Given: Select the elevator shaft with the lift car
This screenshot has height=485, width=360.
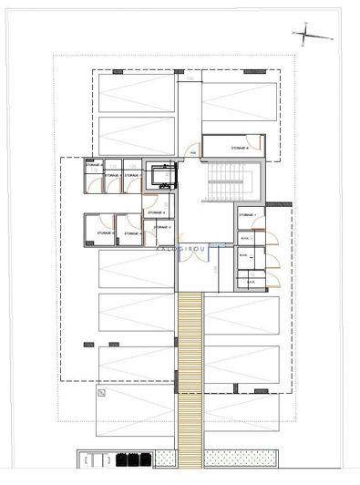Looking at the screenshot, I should tap(162, 174).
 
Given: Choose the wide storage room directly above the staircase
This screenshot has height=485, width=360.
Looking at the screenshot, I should tap(232, 147).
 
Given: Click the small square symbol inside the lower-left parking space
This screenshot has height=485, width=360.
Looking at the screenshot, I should tap(102, 394).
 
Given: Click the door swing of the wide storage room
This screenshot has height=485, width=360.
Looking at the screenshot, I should tap(260, 143).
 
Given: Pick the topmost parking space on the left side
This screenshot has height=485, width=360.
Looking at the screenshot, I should tap(136, 93).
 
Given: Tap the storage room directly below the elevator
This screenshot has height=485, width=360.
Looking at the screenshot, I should tap(159, 214).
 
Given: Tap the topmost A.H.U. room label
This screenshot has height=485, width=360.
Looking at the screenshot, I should tap(245, 240).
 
